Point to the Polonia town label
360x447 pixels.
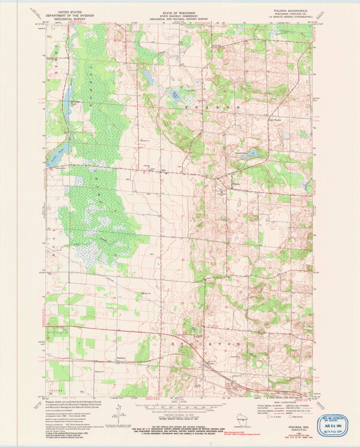[236, 184]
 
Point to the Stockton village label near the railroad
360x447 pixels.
[121, 358]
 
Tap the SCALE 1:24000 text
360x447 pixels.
[179, 402]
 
